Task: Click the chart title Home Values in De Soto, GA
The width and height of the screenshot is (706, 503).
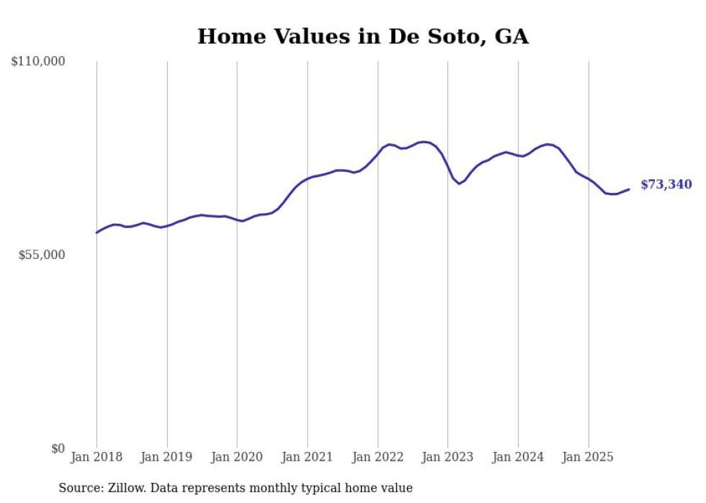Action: click(362, 37)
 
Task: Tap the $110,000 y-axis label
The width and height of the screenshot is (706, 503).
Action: click(38, 62)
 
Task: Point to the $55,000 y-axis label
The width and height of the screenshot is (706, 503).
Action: click(42, 255)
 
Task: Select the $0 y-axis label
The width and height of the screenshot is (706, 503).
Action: click(58, 448)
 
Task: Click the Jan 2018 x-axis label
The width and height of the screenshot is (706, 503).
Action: click(97, 457)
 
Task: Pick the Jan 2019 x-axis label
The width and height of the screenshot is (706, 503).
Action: click(167, 457)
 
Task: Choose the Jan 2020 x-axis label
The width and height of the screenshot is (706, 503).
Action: click(237, 457)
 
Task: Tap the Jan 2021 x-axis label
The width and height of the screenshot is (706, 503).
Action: click(308, 457)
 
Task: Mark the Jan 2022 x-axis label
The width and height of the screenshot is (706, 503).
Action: click(377, 457)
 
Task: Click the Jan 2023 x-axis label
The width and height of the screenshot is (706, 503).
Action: click(448, 457)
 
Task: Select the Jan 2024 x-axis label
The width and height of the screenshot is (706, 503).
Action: click(518, 457)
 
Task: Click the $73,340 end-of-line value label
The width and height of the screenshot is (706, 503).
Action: click(666, 185)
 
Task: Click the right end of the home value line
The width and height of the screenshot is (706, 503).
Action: click(629, 189)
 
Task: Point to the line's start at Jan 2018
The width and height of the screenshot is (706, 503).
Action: click(97, 232)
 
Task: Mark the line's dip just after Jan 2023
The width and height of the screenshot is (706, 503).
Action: click(459, 183)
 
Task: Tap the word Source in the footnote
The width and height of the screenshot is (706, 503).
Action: click(79, 488)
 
